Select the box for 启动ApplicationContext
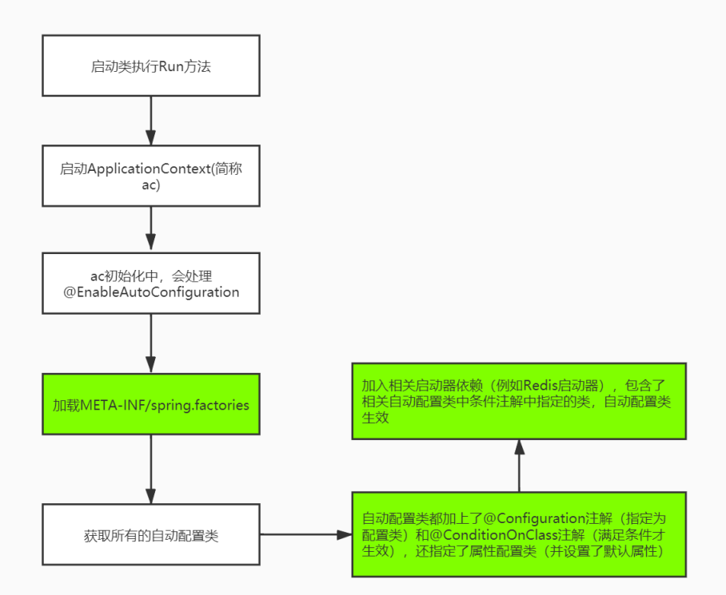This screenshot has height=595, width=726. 151,177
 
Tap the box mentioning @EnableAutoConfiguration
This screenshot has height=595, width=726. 151,284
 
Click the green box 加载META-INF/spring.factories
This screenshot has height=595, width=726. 151,405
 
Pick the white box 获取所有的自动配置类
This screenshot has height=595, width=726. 151,536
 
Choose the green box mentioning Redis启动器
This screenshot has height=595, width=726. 519,402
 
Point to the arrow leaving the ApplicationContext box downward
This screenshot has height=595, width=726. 151,230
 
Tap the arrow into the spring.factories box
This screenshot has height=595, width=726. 151,343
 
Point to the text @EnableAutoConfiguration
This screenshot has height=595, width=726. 151,292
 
